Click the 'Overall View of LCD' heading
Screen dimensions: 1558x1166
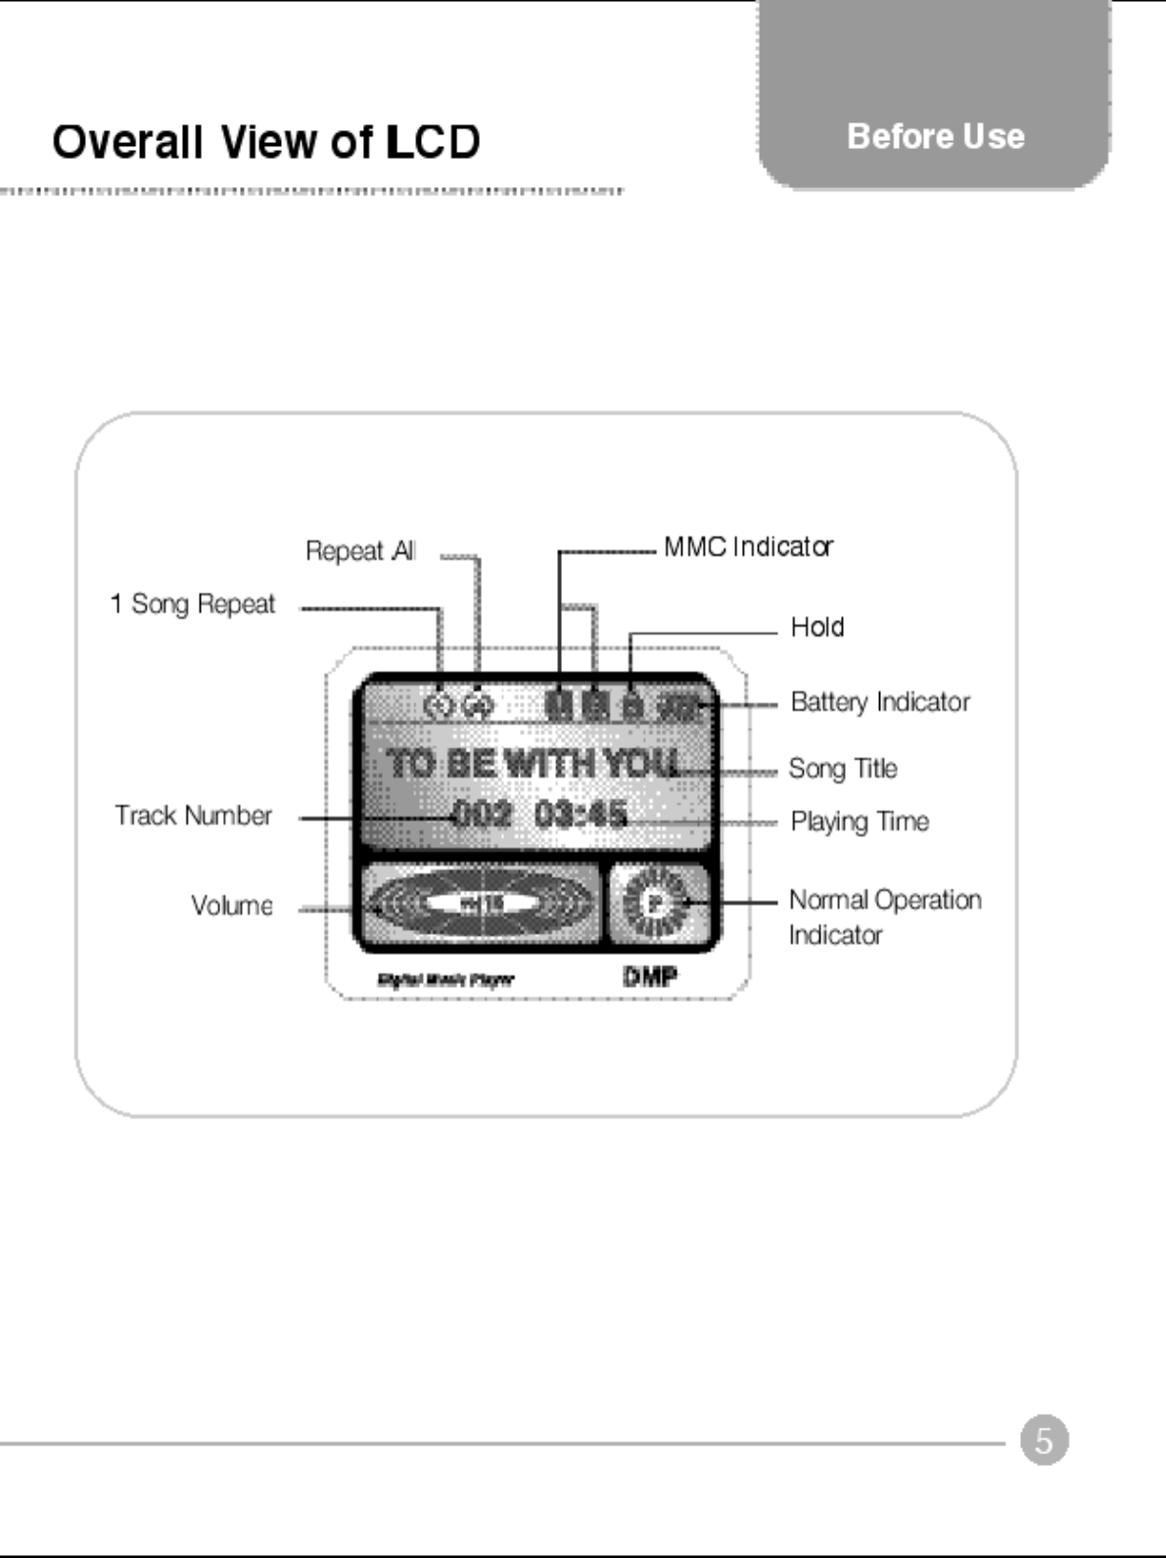[x=265, y=142]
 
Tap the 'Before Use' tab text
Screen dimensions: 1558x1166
[x=935, y=136]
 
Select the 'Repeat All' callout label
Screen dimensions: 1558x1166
[x=360, y=551]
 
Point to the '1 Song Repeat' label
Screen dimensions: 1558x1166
[x=193, y=604]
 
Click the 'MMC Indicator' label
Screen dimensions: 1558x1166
[x=748, y=546]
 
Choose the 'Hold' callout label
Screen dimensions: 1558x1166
[x=817, y=627]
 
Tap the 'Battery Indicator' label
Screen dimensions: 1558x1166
[x=880, y=702]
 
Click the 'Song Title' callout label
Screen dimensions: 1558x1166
[x=843, y=769]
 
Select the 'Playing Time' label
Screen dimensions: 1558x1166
[x=860, y=822]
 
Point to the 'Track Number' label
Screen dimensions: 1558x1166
[x=193, y=816]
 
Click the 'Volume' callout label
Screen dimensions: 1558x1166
[x=232, y=906]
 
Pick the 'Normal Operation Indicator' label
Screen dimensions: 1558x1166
[x=884, y=917]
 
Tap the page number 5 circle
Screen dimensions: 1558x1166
[x=1044, y=1440]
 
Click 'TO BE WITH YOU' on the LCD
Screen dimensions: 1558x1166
[x=534, y=763]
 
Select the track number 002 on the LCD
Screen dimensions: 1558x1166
[x=483, y=814]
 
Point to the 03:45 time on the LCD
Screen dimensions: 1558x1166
[x=582, y=814]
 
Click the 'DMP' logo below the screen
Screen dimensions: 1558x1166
[x=650, y=976]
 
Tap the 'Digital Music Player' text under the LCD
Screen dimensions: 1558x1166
[x=445, y=979]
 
